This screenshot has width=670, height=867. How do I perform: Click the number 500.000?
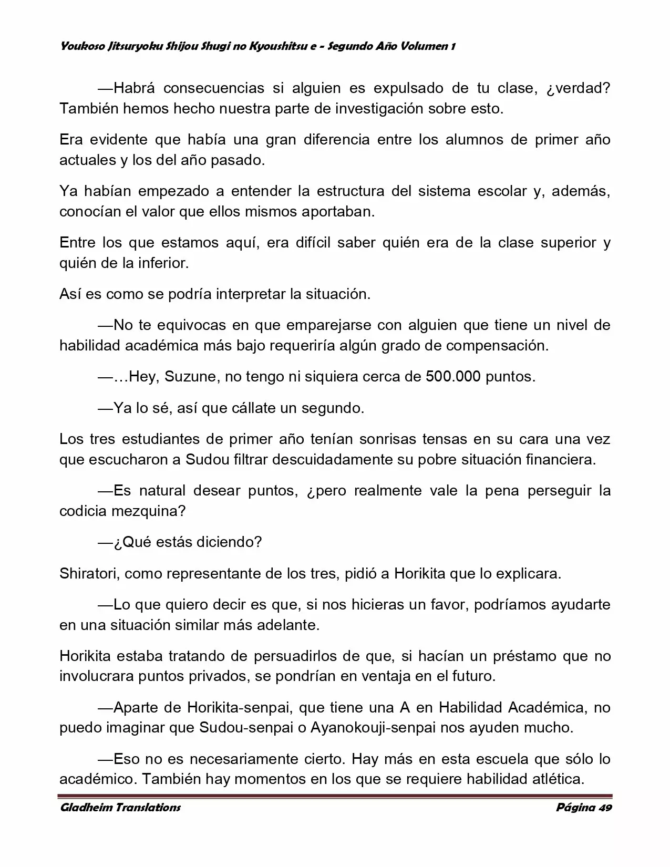tap(453, 377)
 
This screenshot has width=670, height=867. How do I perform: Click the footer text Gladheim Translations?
tap(120, 807)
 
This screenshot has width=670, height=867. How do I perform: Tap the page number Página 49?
tap(584, 807)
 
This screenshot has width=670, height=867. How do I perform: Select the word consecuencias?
tap(211, 88)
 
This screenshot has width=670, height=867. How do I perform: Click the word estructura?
tap(346, 191)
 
